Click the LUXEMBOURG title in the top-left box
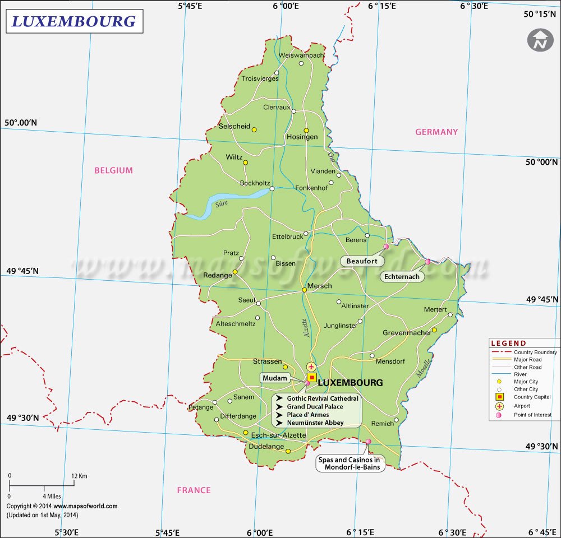74,21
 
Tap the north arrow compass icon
540,40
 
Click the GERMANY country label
436,132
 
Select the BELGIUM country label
114,170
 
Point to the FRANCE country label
194,490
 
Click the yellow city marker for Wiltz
245,163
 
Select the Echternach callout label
402,277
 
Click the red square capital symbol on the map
312,378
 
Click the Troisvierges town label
260,79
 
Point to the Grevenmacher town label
407,333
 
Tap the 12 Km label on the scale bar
79,476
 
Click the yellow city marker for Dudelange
288,451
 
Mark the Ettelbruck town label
287,236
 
